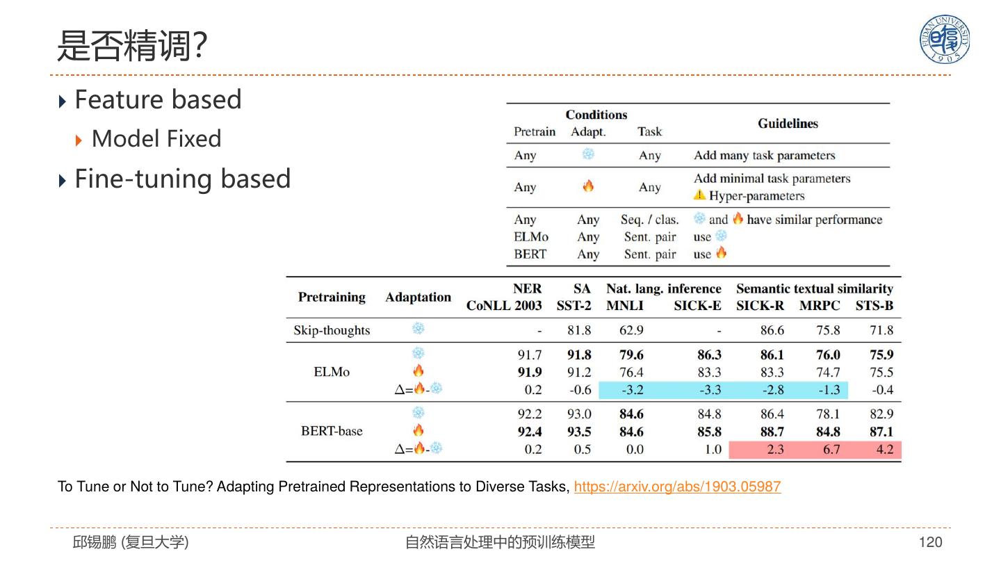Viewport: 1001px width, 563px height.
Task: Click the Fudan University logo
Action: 945,40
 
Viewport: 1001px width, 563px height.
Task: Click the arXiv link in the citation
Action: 677,487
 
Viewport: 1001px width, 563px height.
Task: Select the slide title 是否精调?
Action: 131,47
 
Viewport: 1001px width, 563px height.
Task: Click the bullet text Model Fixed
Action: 156,139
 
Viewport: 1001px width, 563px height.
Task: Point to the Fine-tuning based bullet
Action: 182,179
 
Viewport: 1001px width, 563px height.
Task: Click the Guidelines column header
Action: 788,124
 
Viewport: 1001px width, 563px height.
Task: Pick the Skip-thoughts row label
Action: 332,330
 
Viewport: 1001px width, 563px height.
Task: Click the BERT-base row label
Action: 332,431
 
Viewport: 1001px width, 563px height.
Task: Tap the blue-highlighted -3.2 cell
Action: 632,390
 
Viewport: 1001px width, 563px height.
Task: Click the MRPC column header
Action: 820,306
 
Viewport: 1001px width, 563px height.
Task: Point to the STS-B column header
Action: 874,306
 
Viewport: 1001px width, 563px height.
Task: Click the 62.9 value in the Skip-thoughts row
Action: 631,330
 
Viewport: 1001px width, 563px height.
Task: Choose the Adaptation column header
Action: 418,297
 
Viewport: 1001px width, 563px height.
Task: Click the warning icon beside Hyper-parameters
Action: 699,195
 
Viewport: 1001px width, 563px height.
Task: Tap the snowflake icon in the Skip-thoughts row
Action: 418,329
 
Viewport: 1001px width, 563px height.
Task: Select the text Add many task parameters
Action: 764,155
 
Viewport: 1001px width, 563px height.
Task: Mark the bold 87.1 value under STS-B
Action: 881,432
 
